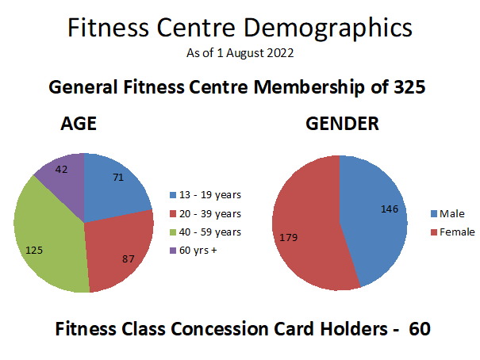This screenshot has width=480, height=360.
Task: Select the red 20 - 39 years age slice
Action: [119, 250]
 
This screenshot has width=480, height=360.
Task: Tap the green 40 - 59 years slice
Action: [52, 238]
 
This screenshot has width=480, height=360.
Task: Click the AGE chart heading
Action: [79, 124]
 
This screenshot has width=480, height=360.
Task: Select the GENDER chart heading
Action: [342, 124]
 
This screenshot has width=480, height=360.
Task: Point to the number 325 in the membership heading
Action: [410, 87]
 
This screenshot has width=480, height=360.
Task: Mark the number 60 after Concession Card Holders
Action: [419, 329]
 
